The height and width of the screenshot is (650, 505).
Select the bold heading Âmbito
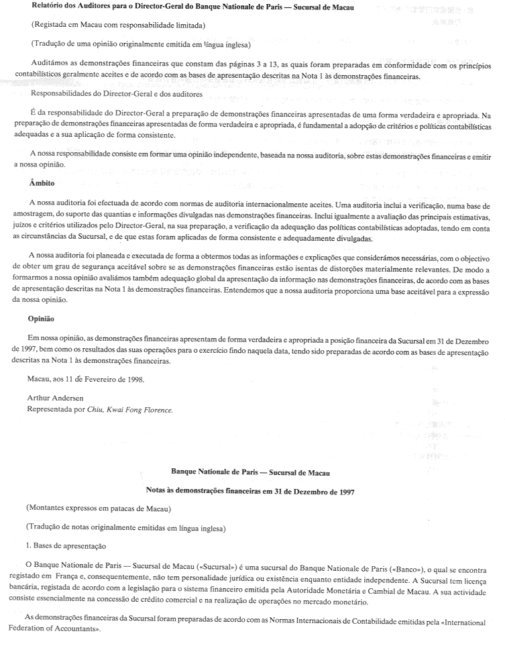[42, 182]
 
